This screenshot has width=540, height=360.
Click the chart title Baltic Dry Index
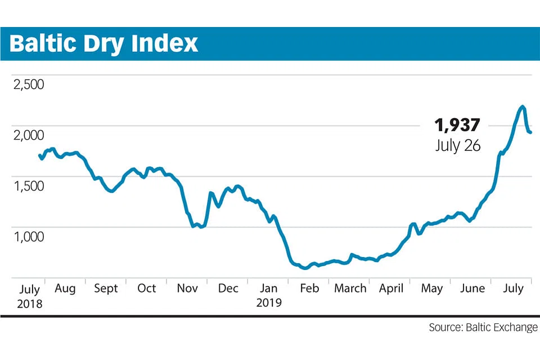pos(104,43)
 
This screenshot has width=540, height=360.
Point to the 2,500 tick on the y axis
pos(28,85)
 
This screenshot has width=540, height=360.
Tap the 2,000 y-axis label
pos(28,136)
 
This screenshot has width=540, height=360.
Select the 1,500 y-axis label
pos(28,186)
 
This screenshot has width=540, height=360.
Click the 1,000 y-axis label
pos(28,237)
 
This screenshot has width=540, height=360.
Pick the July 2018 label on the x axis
pos(29,296)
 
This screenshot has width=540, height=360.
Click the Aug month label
pos(65,289)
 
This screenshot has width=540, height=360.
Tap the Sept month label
pos(106,289)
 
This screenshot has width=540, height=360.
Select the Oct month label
pos(146,289)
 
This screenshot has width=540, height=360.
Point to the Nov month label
pos(187,289)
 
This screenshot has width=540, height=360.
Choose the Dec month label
pos(228,289)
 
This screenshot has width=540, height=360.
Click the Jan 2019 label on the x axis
pos(269,295)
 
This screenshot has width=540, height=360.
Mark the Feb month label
pos(309,289)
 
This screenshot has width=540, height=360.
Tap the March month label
pos(350,289)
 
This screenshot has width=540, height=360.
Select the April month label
pos(391,289)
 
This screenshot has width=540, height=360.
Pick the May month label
pos(431,289)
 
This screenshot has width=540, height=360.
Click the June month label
pos(472,289)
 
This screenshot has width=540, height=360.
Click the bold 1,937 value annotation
pos(457,125)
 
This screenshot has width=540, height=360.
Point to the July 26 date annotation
pos(458,145)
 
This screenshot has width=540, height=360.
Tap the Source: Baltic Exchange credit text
pos(483,327)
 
